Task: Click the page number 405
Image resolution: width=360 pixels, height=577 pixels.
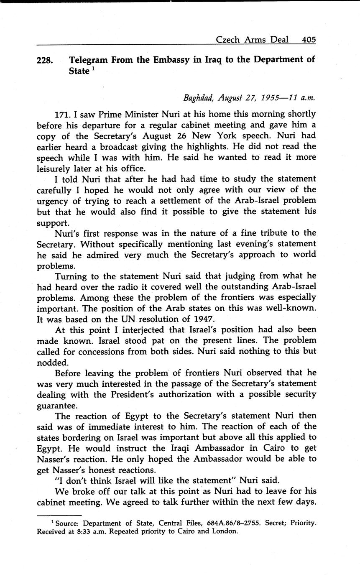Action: point(309,40)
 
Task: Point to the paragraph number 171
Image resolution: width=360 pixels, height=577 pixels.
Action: point(63,114)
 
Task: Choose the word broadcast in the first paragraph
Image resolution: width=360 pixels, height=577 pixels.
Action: point(124,147)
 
